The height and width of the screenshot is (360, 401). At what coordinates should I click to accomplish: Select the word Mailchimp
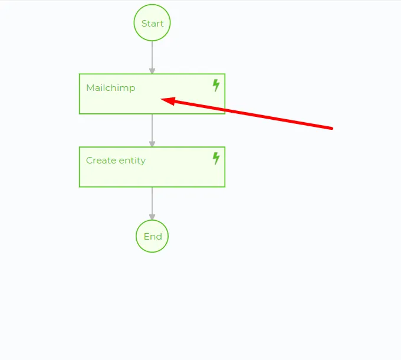pos(111,88)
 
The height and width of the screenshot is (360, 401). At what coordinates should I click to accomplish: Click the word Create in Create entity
pos(101,161)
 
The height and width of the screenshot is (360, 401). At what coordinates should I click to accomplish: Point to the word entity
pos(132,161)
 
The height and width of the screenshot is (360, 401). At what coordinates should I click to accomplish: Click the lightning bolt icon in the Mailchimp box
pos(216,85)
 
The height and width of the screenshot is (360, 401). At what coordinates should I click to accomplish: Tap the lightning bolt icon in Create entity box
pos(216,158)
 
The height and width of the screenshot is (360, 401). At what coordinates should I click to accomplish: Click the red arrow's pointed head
pos(162,100)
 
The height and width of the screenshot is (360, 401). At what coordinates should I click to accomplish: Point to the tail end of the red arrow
pos(331,128)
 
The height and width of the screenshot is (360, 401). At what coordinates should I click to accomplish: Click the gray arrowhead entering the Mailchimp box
pos(152,71)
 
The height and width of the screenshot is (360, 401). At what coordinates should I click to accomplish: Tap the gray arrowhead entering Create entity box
pos(152,144)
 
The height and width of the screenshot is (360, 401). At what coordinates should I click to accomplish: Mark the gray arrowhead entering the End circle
pos(152,217)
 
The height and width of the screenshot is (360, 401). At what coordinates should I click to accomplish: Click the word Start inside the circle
pos(152,24)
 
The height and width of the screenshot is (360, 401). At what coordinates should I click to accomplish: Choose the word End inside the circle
pos(153,237)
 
